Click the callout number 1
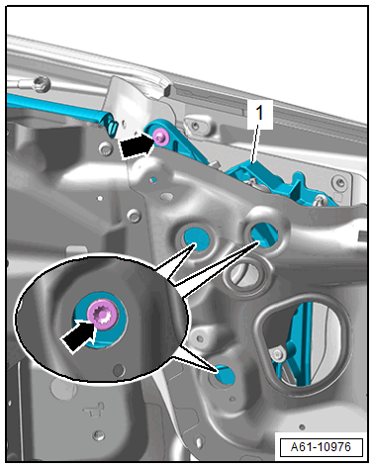[260, 113]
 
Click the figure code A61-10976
[321, 447]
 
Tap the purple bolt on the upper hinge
[160, 137]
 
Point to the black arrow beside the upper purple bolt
[137, 146]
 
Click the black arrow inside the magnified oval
[78, 335]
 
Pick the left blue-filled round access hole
[197, 239]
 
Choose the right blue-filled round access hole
[264, 234]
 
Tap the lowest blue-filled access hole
[225, 375]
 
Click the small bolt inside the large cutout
[277, 354]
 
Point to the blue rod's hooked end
[112, 127]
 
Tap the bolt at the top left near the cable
[42, 82]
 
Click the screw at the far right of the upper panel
[339, 182]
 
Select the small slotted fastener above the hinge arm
[195, 125]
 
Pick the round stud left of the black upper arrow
[106, 149]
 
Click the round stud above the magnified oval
[134, 216]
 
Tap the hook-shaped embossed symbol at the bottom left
[95, 410]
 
